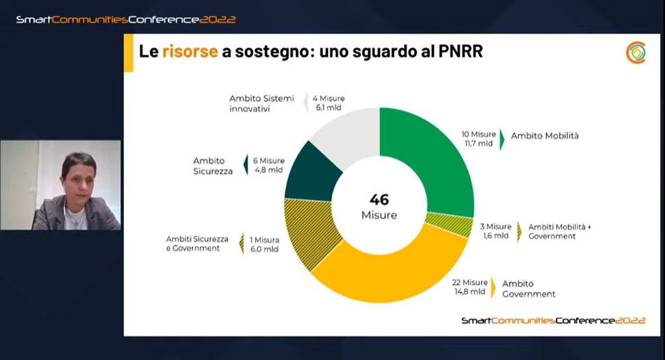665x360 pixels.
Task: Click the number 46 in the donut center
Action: point(379,200)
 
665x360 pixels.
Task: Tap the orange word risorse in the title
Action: point(190,51)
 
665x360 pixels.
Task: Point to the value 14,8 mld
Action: point(469,292)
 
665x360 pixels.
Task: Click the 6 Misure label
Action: point(269,160)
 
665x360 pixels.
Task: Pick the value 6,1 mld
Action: point(328,108)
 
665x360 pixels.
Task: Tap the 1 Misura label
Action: point(264,239)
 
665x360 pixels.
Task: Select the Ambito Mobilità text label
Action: point(544,136)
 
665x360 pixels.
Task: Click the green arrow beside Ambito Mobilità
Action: point(502,139)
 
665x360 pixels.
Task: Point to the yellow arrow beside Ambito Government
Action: point(492,287)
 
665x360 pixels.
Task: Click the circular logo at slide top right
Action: point(635,53)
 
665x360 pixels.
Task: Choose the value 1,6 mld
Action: point(494,236)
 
